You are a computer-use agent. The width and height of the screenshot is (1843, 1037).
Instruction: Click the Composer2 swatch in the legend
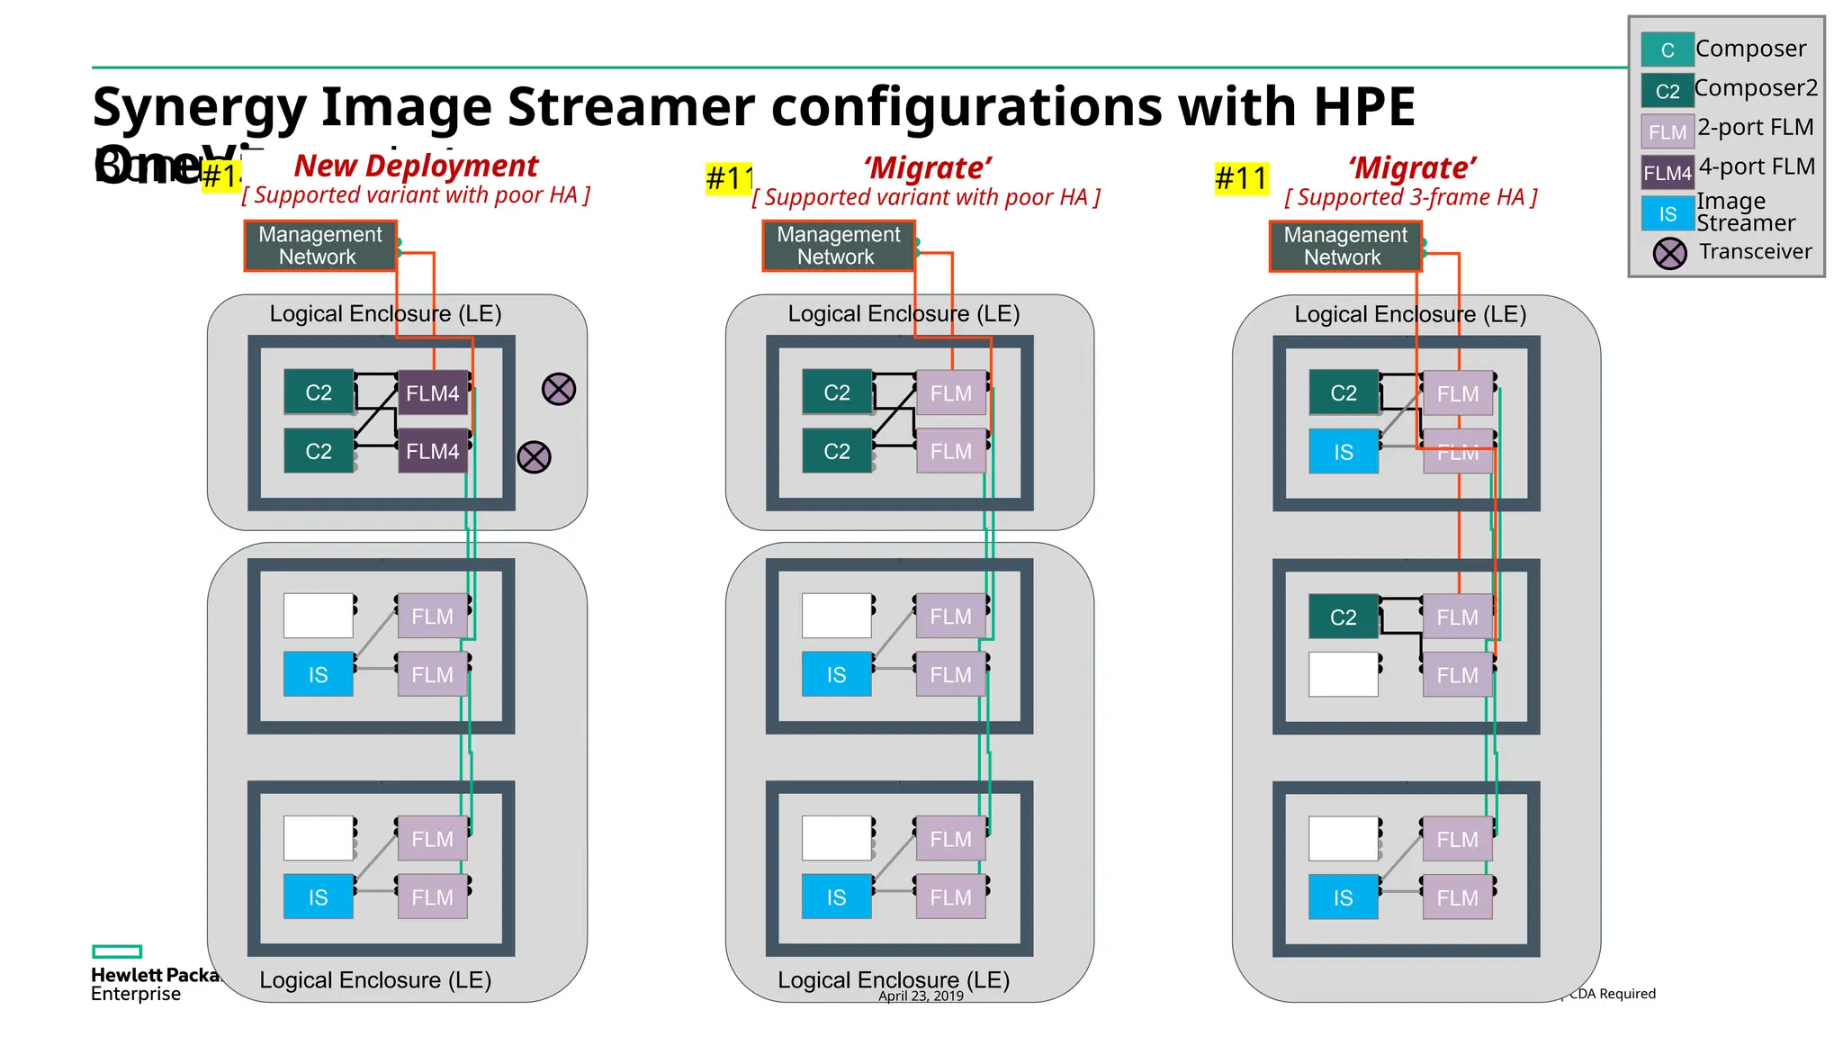click(1667, 91)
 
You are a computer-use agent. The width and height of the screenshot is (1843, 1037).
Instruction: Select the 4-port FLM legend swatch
click(1667, 172)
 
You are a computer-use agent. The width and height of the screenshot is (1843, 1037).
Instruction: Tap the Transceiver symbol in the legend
click(1669, 253)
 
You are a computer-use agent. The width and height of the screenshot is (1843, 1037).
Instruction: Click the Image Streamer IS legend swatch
click(1667, 213)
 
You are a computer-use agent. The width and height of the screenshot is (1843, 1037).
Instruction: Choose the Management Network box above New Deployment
click(320, 246)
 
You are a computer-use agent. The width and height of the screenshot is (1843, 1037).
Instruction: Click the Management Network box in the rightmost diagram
click(1344, 246)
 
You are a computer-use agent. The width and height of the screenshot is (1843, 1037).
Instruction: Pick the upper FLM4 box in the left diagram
click(432, 393)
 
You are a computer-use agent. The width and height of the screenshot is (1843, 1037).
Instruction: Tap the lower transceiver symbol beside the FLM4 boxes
click(534, 457)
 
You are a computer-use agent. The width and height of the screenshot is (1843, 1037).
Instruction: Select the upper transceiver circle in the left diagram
click(559, 389)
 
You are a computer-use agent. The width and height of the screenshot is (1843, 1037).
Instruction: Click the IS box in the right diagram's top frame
click(1343, 452)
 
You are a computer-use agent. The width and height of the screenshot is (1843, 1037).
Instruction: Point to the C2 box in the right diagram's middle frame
click(1343, 618)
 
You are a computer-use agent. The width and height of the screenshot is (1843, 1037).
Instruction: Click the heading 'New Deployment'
click(416, 166)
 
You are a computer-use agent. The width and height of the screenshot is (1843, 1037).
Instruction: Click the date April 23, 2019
click(921, 996)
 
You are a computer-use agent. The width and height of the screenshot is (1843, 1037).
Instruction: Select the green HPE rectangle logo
click(117, 951)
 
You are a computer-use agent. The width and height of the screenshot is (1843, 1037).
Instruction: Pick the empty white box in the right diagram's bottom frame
click(1343, 839)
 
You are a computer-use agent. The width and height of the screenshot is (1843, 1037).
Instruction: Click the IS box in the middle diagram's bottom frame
click(836, 897)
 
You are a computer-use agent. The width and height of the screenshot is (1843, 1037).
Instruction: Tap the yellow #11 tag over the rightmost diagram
click(1241, 178)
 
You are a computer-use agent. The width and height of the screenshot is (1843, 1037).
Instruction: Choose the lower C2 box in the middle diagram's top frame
click(836, 451)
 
